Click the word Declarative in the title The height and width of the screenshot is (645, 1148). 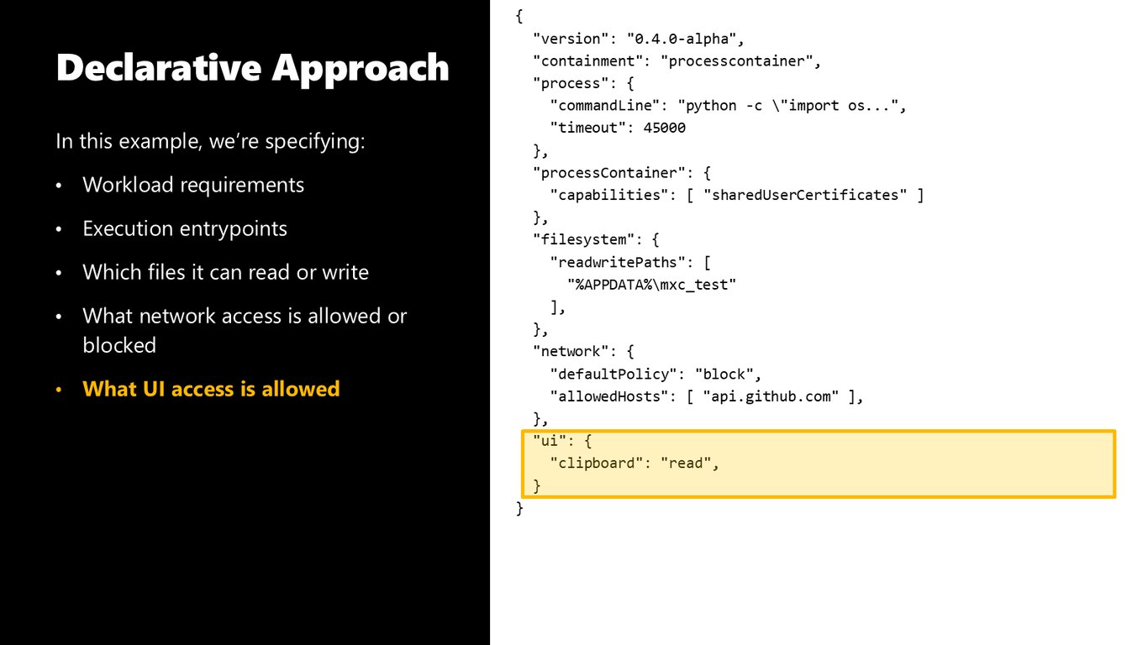point(159,67)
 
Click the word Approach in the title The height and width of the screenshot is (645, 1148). point(361,69)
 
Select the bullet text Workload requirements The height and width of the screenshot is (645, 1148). point(193,185)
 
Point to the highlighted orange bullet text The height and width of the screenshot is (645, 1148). point(211,389)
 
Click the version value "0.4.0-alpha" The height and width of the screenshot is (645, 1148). point(682,39)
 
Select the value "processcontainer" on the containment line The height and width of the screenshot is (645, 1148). point(736,61)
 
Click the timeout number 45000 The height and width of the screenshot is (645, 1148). point(664,128)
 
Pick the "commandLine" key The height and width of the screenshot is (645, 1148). point(605,106)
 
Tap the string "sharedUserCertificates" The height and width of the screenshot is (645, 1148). point(805,195)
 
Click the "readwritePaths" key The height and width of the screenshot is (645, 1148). point(618,262)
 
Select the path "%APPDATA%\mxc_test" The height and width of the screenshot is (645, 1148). point(651,285)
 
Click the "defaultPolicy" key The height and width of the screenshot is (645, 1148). point(613,374)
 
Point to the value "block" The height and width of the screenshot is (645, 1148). point(724,374)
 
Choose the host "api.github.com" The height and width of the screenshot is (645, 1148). point(771,396)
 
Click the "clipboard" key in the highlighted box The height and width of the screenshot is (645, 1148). point(596,463)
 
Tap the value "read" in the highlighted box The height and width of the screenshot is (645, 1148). point(686,463)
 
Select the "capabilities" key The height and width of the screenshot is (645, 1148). point(608,195)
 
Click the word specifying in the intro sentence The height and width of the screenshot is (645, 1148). point(314,142)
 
